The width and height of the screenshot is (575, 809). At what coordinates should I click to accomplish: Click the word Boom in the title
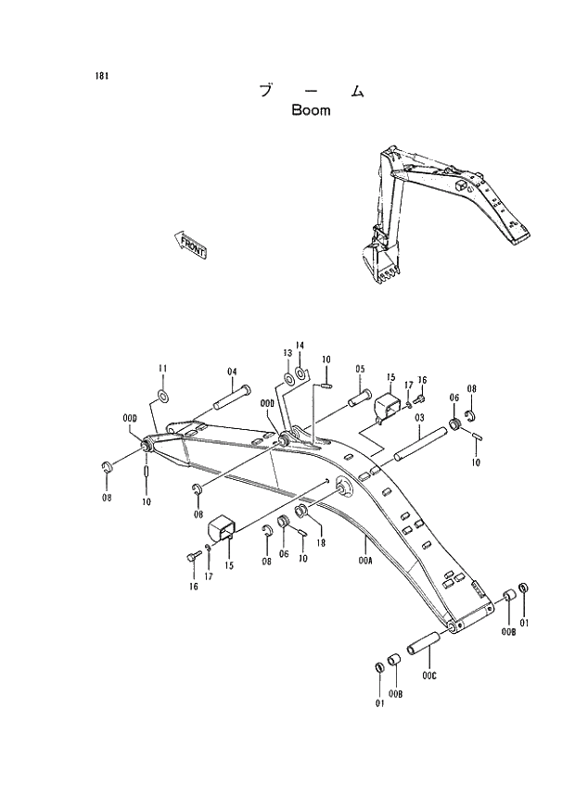click(311, 111)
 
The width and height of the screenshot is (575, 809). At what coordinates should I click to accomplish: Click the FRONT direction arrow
click(191, 246)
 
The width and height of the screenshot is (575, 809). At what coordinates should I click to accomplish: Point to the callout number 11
click(161, 369)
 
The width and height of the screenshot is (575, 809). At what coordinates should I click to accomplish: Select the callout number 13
click(287, 354)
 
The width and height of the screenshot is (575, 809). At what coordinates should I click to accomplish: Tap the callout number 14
click(300, 346)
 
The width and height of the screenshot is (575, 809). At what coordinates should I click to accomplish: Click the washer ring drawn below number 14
click(301, 374)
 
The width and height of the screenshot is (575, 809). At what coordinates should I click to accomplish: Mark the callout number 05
click(359, 369)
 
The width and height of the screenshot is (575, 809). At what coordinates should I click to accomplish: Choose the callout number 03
click(419, 419)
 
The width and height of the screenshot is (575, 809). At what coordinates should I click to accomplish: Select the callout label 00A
click(364, 561)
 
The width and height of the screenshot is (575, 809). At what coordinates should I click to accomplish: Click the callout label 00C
click(428, 676)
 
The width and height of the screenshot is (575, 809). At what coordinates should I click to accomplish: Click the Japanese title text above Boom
click(310, 91)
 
